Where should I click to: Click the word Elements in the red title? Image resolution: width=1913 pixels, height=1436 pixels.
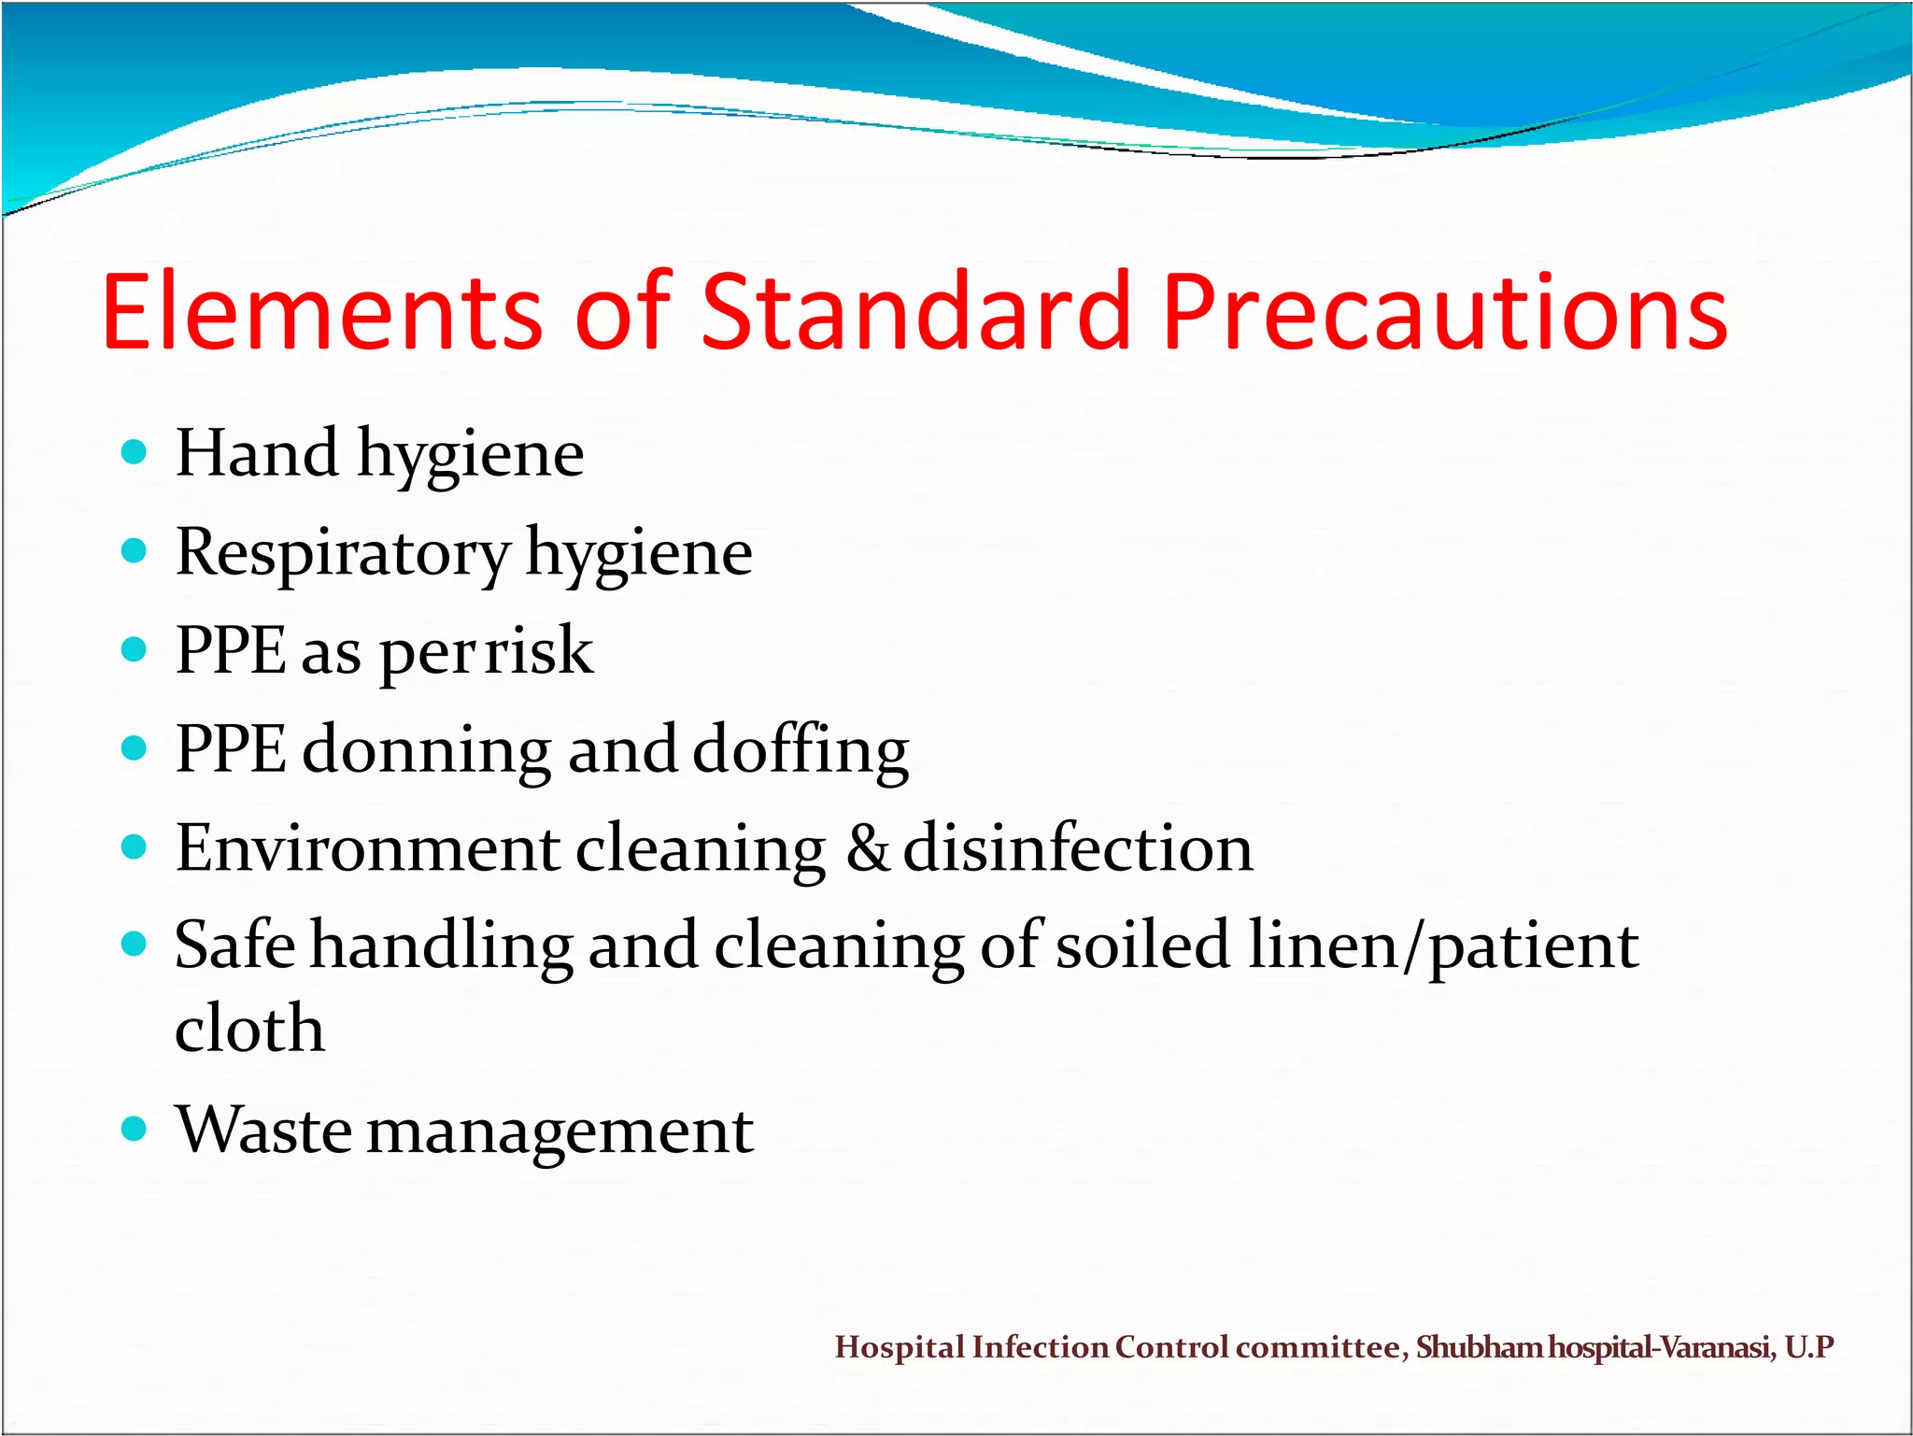tap(321, 312)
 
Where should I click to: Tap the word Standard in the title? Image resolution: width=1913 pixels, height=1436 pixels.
tap(914, 312)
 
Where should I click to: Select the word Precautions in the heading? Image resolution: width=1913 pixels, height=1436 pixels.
tap(1445, 312)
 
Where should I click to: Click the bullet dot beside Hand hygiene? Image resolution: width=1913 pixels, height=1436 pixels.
tap(135, 453)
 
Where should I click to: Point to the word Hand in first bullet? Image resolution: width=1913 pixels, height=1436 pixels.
tap(257, 453)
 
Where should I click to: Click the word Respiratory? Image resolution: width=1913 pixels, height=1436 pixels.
tap(342, 553)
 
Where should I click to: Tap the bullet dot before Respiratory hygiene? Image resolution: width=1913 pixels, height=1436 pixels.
tap(135, 551)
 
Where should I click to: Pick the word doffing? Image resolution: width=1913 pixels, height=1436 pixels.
tap(801, 751)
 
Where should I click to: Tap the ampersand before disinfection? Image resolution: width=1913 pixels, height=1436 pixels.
tap(868, 848)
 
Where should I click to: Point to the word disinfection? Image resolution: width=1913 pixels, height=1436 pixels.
tap(1078, 848)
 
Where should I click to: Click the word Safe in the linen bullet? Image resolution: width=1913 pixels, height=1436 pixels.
tap(234, 945)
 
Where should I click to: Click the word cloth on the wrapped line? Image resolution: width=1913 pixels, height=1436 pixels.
tap(250, 1028)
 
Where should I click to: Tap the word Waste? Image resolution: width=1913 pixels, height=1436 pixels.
tap(263, 1130)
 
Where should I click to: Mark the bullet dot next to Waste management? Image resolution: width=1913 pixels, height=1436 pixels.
tap(135, 1129)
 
